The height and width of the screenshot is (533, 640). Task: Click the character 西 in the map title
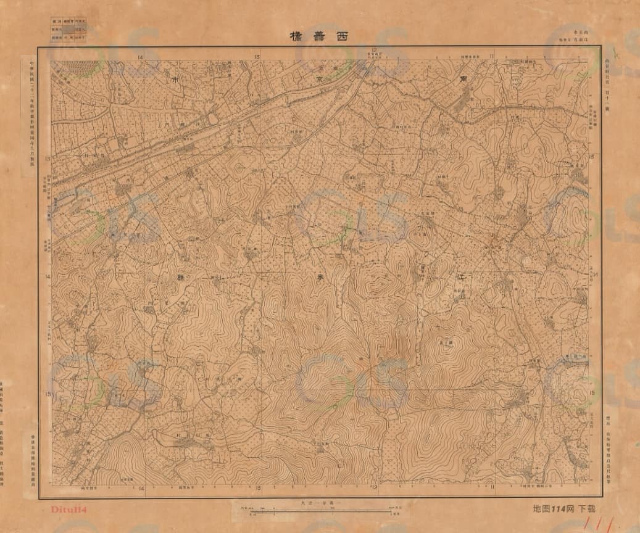pos(341,36)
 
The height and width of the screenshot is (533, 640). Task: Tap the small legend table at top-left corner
pos(69,28)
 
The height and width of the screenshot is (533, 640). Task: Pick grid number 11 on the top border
pos(492,57)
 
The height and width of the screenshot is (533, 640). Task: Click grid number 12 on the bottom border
pos(374,489)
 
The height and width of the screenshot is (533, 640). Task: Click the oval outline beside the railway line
pos(213,117)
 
